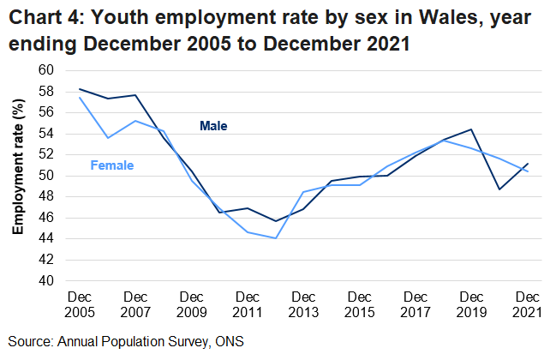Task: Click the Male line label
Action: (213, 126)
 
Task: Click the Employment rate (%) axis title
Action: (16, 175)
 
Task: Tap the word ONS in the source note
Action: (229, 342)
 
